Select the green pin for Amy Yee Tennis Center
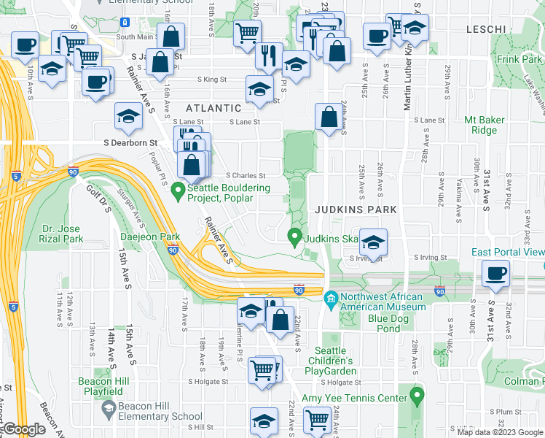click(x=417, y=398)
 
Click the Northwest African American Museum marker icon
click(x=331, y=298)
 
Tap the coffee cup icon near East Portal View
click(x=496, y=275)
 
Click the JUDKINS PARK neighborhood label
click(x=356, y=210)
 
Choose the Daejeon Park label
click(x=149, y=237)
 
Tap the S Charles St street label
click(x=246, y=175)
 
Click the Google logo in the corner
click(x=23, y=429)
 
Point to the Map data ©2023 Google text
click(x=499, y=432)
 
